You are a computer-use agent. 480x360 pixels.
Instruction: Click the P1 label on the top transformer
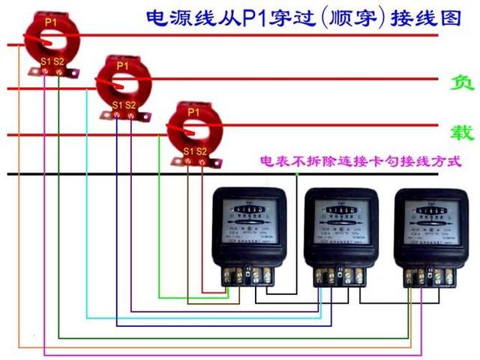pyautogui.click(x=50, y=22)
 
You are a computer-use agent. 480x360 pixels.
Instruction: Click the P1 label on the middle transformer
pyautogui.click(x=123, y=66)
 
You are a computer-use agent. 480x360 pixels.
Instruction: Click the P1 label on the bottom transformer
pyautogui.click(x=193, y=112)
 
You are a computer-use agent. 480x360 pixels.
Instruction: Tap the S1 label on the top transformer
pyautogui.click(x=45, y=60)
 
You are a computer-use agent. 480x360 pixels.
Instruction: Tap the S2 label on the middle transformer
pyautogui.click(x=131, y=105)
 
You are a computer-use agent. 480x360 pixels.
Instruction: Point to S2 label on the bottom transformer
pyautogui.click(x=202, y=151)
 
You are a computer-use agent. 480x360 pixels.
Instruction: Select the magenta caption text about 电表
pyautogui.click(x=359, y=160)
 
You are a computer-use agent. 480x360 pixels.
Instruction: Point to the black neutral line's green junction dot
pyautogui.click(x=298, y=174)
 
